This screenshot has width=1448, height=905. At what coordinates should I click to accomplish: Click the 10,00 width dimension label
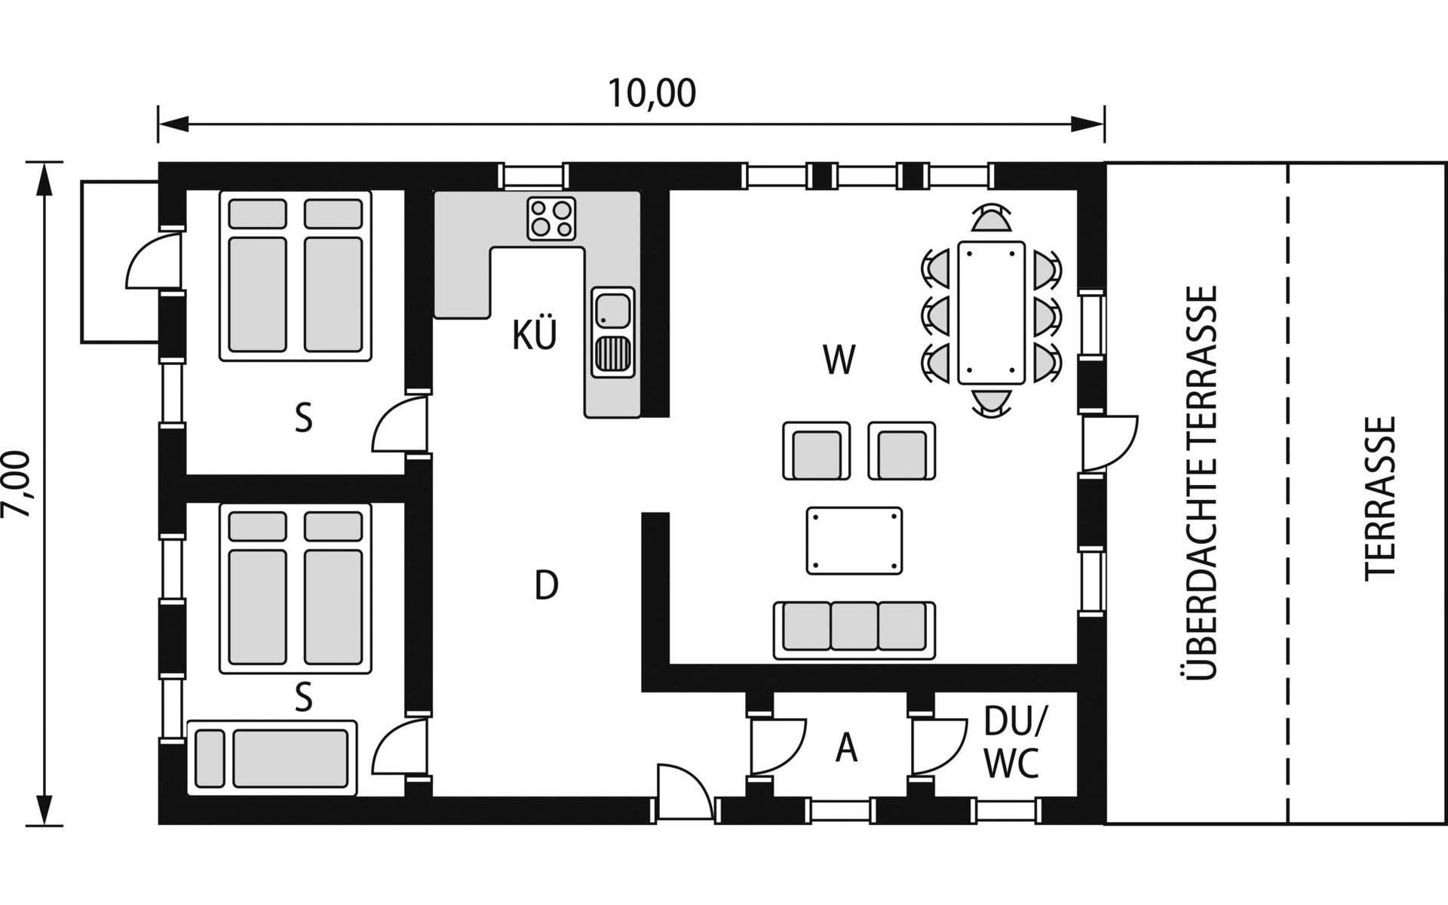tap(652, 94)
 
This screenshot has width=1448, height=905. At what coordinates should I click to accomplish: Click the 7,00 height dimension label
tap(17, 484)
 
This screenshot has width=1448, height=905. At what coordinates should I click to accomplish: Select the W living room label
tap(839, 360)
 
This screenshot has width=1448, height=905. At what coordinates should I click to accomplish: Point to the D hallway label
tap(546, 585)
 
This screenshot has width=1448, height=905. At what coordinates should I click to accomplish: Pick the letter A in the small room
tap(847, 749)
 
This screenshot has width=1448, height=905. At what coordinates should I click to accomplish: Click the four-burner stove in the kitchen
tap(551, 219)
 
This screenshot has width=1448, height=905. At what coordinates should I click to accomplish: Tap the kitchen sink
tap(613, 332)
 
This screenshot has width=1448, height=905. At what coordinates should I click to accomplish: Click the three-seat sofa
tap(854, 630)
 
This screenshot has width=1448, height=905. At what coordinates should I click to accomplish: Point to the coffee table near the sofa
tap(854, 541)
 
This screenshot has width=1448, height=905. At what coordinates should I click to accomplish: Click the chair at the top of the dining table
tap(991, 219)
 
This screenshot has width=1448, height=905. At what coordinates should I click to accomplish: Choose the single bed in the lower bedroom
tap(272, 757)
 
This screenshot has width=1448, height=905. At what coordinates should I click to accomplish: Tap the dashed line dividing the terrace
tap(1287, 493)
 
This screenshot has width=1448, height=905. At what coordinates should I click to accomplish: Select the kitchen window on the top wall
tap(534, 176)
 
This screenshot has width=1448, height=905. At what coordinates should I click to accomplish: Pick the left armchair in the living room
tap(817, 451)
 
